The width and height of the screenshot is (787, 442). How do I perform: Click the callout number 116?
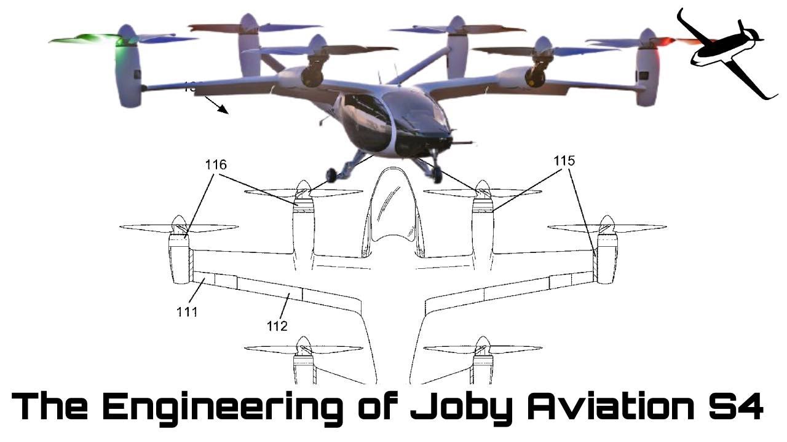pos(216,165)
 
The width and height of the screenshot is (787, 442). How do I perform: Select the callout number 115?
pos(564,161)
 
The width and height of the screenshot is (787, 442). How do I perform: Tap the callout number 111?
pos(187,311)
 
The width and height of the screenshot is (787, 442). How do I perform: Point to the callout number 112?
pos(277,326)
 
